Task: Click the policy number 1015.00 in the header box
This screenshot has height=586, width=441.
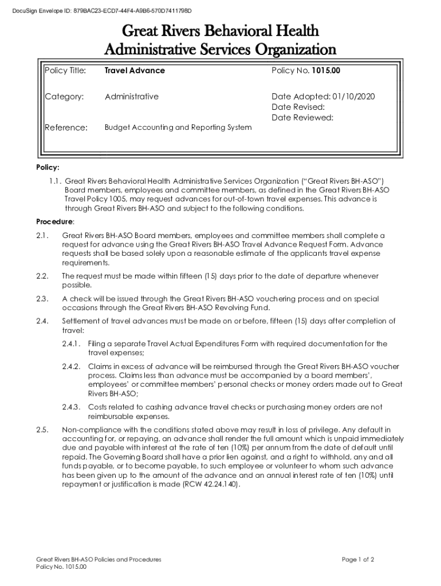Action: coord(326,70)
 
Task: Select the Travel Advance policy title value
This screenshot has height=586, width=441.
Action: coord(135,70)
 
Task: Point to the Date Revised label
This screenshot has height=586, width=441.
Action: coord(298,107)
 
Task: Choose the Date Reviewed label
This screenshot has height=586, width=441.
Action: coord(302,118)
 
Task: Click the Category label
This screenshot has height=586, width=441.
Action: coord(64,97)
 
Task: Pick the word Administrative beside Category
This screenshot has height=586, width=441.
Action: coord(132,97)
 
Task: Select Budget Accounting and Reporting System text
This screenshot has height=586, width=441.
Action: coord(178,127)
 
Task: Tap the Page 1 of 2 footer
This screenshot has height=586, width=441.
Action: coord(358,559)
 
